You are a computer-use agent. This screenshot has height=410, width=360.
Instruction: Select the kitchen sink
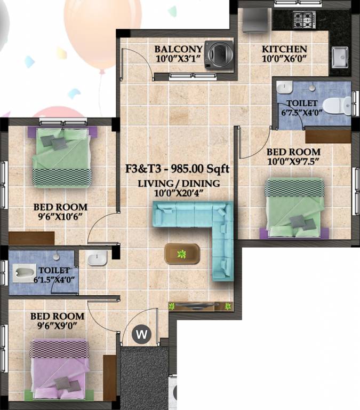coord(340,55)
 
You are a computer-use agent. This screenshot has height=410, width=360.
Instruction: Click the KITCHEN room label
coord(284,50)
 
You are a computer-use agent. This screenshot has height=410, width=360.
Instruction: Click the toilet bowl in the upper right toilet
coord(336,104)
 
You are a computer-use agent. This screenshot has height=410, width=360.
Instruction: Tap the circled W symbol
coord(142,335)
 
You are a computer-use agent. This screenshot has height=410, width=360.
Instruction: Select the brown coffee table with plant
coord(182,253)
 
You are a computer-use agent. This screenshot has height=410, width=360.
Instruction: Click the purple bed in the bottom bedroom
coord(59,368)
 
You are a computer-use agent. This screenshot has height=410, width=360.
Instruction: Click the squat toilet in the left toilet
coord(23,274)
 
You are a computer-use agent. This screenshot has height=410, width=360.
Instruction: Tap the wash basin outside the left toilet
coord(98,258)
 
